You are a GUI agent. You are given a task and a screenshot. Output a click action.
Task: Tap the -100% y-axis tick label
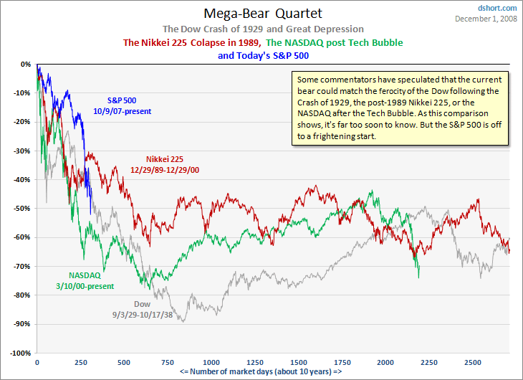[x=19, y=353]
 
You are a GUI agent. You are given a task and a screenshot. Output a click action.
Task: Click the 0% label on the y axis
[x=26, y=64]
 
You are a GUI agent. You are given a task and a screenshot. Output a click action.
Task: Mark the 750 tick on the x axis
[x=168, y=363]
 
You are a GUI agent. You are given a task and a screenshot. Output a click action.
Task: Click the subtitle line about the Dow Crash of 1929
[x=263, y=29]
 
